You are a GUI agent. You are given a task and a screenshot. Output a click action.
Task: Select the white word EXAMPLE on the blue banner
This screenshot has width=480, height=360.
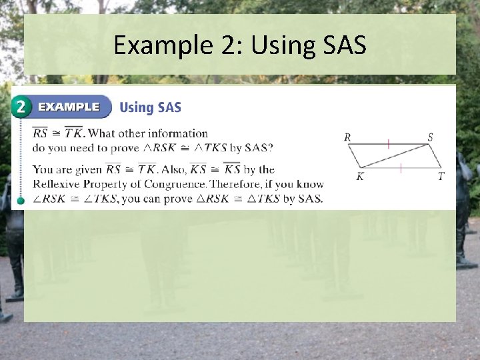(69, 107)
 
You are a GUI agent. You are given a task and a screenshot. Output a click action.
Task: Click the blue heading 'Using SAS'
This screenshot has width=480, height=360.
(150, 107)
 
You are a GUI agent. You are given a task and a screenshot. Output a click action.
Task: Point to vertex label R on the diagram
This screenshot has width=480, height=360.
(347, 137)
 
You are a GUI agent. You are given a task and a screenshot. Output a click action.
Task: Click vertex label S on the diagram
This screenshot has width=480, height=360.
(430, 137)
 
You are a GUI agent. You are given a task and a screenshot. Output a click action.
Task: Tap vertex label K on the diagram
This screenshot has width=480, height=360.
(360, 177)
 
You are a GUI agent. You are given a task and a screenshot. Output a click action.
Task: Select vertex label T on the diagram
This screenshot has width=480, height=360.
(441, 177)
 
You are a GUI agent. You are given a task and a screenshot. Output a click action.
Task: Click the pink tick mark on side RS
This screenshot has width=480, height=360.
(389, 143)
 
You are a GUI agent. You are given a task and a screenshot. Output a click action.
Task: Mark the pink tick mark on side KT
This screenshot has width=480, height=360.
(401, 168)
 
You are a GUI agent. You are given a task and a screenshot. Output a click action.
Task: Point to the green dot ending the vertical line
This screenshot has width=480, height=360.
(21, 200)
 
